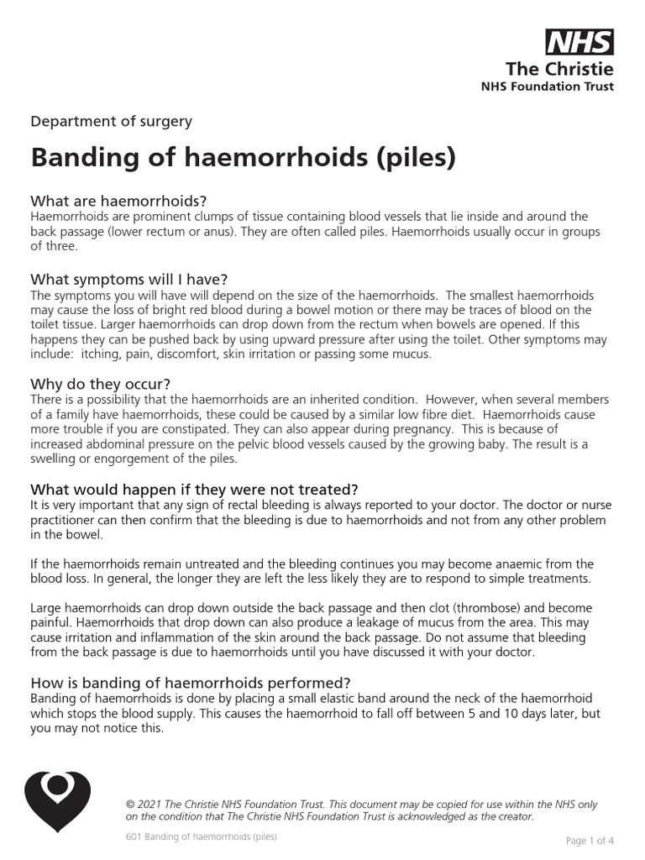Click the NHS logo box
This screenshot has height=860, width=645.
[579, 42]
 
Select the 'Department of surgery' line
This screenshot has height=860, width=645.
[111, 121]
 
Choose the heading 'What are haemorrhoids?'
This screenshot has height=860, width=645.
[118, 202]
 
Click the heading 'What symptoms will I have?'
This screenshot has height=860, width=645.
[128, 280]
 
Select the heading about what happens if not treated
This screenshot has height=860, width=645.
[194, 489]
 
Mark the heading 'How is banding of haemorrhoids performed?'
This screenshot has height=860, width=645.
[190, 682]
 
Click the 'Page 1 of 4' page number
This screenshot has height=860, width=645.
[590, 841]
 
